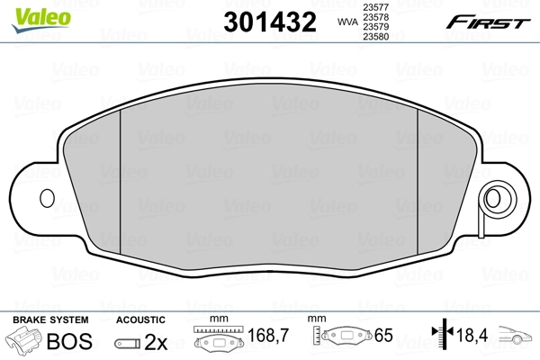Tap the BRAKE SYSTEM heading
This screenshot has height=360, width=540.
point(49,319)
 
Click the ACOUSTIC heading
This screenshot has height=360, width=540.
point(139,319)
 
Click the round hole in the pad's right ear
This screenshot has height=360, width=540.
point(494,197)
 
